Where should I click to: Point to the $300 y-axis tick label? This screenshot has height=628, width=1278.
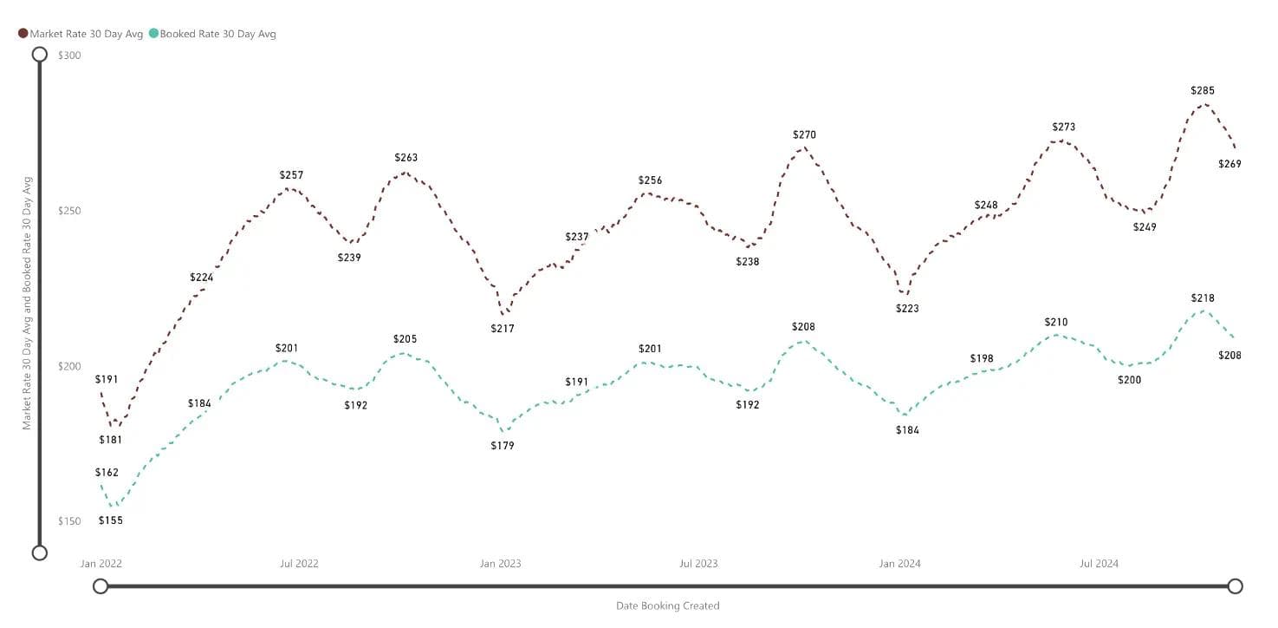[68, 56]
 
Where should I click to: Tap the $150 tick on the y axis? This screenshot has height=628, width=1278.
[68, 521]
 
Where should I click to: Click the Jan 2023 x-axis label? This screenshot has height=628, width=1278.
[501, 564]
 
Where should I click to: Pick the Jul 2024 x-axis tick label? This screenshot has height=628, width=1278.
[1099, 564]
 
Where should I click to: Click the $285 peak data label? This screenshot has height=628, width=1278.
[1203, 90]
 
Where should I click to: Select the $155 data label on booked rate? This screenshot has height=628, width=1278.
[111, 520]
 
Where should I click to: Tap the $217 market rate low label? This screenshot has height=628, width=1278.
[503, 329]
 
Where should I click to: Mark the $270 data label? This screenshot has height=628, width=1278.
[804, 134]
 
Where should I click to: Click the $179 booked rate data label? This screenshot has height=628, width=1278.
[503, 446]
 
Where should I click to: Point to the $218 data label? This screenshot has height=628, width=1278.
[1203, 298]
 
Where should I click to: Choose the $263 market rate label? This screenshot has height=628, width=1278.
[405, 158]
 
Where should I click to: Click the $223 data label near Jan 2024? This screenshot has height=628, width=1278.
[907, 308]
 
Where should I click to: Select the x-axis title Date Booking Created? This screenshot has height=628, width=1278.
[667, 605]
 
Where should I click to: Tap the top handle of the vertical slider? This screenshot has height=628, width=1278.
[39, 55]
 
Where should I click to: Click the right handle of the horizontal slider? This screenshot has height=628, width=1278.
[1236, 586]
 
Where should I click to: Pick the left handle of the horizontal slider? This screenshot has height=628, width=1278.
[101, 586]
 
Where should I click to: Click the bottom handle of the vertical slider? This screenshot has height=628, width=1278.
[39, 553]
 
